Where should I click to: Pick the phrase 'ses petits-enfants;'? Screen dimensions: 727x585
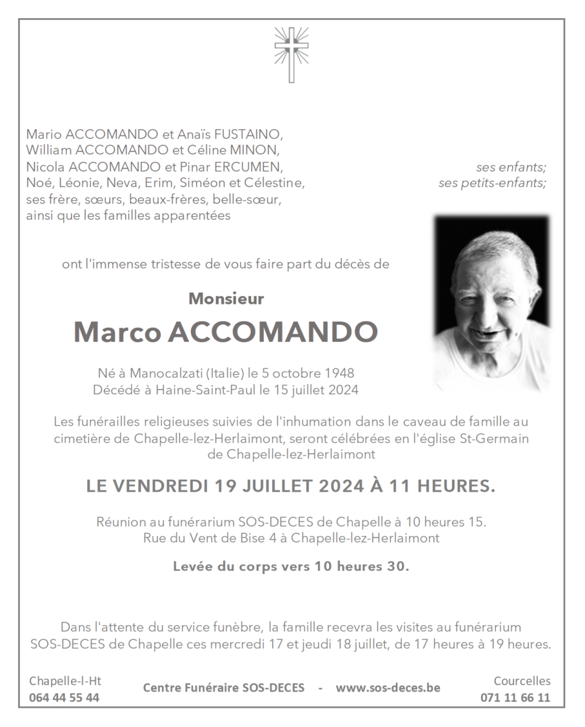click(x=492, y=183)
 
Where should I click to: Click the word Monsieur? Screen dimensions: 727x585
click(x=226, y=299)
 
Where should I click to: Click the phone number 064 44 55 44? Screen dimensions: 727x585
click(x=64, y=697)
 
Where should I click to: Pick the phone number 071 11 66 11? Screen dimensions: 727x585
click(x=515, y=697)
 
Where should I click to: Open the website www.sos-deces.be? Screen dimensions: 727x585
click(x=388, y=688)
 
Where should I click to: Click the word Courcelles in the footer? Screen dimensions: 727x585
click(x=522, y=681)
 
